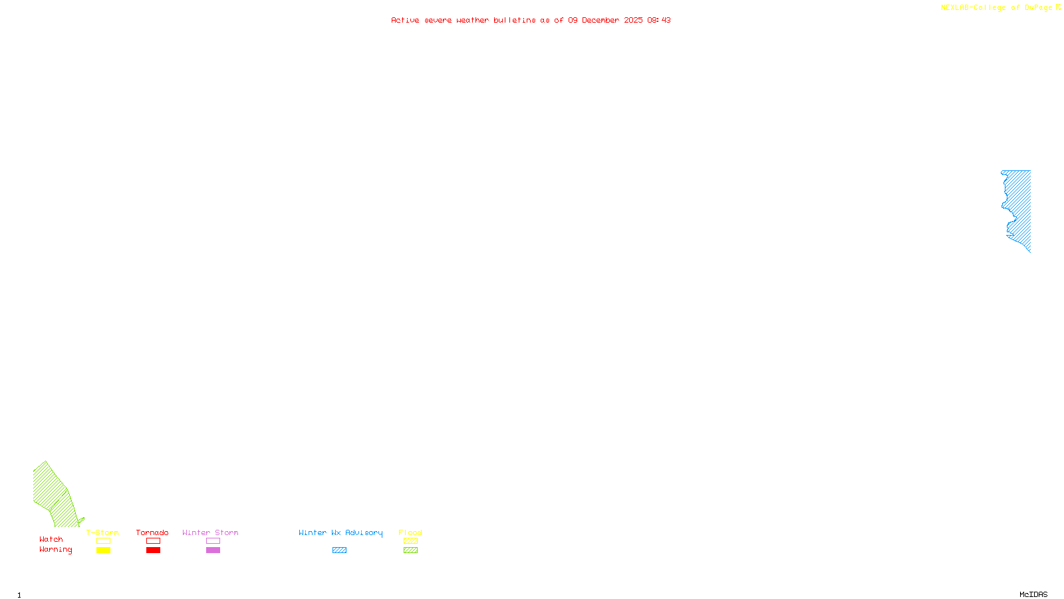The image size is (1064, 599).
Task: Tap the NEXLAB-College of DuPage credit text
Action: tap(996, 8)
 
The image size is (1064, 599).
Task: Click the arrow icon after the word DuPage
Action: tap(1058, 7)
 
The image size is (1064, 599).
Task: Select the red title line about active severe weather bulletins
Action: tap(531, 20)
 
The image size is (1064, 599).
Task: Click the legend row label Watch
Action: tap(51, 539)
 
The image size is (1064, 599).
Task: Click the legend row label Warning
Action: tap(56, 550)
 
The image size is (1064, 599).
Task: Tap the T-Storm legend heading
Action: tap(102, 532)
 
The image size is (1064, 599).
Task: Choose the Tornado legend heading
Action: tap(152, 532)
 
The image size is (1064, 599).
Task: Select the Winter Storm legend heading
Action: tap(210, 532)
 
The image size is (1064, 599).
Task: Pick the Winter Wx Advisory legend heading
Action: tap(340, 532)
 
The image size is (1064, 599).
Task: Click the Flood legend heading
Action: tap(410, 532)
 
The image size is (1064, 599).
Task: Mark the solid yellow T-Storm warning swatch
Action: tap(103, 550)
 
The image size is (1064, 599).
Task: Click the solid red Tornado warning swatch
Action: tap(153, 550)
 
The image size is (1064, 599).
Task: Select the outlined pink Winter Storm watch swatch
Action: tap(213, 541)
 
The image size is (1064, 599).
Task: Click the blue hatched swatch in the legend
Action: tap(339, 550)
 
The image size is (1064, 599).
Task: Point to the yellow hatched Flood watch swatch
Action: tap(410, 541)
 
